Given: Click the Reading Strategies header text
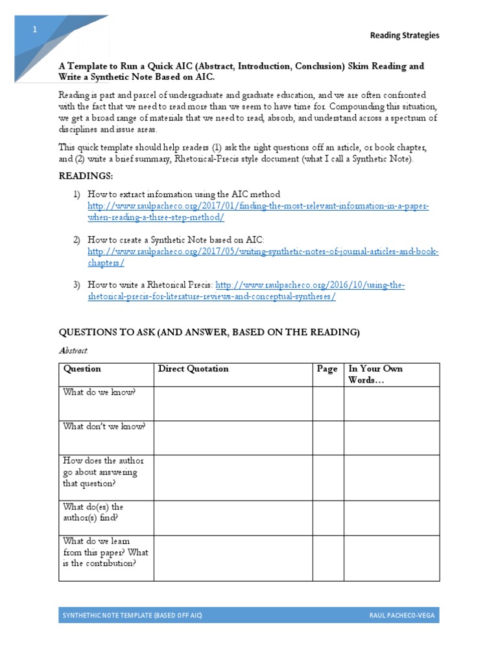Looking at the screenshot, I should click(404, 36).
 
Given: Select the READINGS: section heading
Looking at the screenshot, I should click(86, 176).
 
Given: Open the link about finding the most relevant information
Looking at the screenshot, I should click(258, 211).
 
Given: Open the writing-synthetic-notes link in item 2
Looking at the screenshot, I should click(263, 257).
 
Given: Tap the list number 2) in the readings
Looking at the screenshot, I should click(76, 240).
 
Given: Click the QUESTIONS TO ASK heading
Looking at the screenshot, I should click(209, 332).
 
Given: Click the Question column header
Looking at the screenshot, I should click(82, 369).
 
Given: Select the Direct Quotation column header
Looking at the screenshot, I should click(193, 369).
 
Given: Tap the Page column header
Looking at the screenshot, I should click(327, 369).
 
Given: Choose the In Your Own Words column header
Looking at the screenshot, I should click(375, 374).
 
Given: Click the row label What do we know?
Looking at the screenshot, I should click(99, 392).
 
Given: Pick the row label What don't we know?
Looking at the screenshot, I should click(104, 427).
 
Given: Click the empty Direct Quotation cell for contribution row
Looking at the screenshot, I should click(233, 556).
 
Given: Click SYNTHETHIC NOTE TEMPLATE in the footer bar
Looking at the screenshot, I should click(130, 615).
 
